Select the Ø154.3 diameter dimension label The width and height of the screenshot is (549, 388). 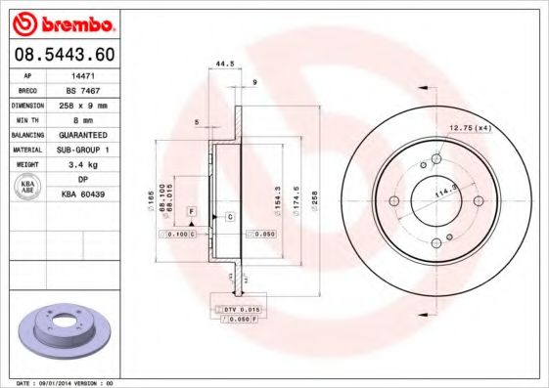(281, 198)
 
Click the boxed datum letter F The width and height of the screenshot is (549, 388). (192, 211)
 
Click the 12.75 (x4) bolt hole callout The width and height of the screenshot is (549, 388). (470, 127)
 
